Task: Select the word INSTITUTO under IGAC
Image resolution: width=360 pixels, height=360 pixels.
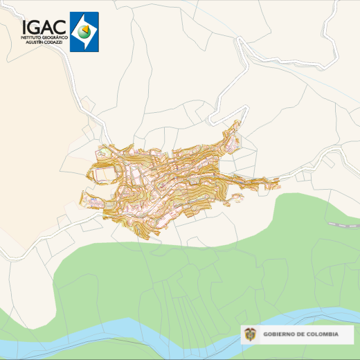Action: [33, 37]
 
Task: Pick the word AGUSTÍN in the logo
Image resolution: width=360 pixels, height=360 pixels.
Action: [35, 42]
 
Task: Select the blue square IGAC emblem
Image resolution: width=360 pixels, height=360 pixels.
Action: [84, 32]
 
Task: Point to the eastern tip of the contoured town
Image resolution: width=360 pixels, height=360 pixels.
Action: [278, 182]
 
